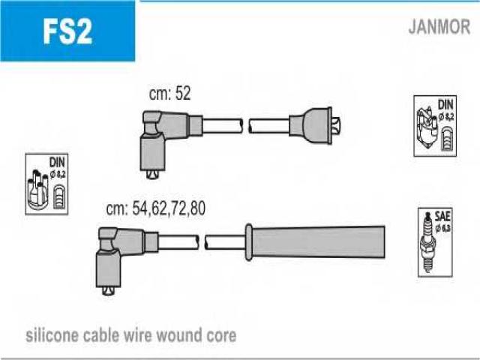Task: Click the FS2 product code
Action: [67, 31]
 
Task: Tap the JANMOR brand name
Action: [439, 28]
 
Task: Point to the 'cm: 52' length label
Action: [171, 94]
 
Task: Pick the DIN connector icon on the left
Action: [46, 184]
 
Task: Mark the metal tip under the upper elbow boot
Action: [153, 175]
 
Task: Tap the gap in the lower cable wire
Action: [202, 241]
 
